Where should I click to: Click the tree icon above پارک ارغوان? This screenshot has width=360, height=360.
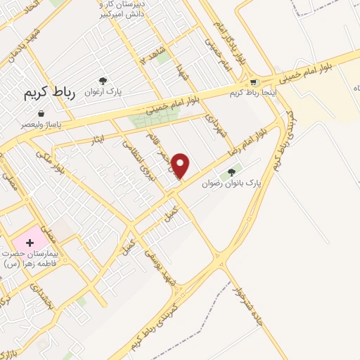(x=103, y=81)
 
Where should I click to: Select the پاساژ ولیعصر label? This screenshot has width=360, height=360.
(x=41, y=124)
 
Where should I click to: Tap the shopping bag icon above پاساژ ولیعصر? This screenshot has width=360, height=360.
(x=41, y=112)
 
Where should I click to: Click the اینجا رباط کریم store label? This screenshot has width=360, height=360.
(x=253, y=92)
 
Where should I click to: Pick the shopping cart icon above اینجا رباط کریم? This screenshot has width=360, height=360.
(x=253, y=82)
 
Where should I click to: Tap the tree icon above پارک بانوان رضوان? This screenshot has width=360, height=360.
(x=233, y=170)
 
